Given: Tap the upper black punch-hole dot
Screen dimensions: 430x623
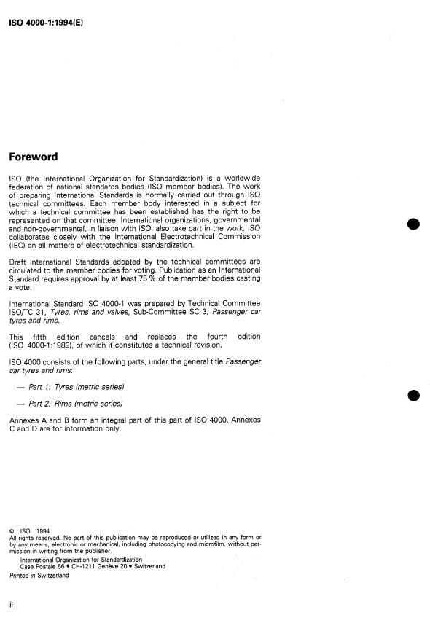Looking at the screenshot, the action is (x=413, y=224).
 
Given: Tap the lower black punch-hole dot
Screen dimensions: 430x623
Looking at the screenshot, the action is (x=413, y=396).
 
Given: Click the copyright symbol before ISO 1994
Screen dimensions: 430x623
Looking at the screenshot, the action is (x=12, y=531).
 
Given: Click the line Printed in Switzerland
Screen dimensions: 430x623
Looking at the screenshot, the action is (x=39, y=576).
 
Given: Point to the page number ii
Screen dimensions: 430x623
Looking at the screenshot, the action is (x=11, y=605).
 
